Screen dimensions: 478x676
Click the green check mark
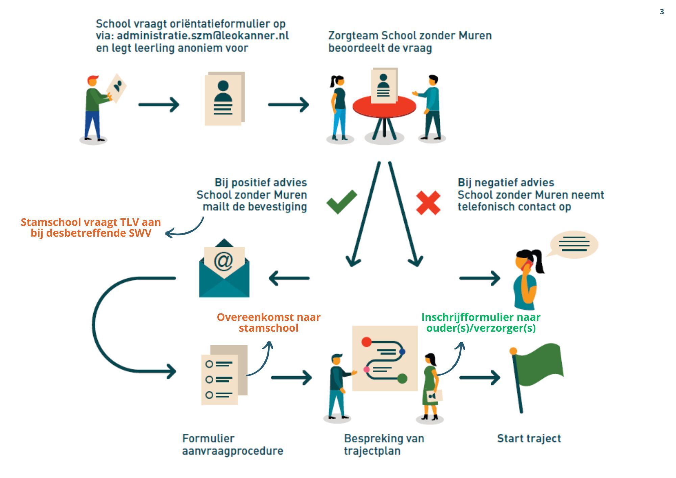click(341, 202)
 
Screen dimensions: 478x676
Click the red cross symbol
click(428, 202)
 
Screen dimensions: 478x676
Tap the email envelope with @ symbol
click(224, 269)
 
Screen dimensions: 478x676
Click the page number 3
click(662, 12)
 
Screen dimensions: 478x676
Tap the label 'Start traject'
click(529, 438)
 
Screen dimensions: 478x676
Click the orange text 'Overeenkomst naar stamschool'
click(268, 322)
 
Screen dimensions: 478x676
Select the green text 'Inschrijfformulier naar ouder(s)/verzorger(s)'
click(481, 322)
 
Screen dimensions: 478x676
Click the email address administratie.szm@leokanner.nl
click(203, 35)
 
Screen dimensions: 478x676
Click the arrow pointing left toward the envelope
click(289, 278)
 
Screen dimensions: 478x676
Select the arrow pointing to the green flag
click(480, 378)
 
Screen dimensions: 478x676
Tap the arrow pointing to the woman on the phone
click(480, 278)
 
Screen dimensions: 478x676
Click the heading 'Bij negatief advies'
click(506, 183)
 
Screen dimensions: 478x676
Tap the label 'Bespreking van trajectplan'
click(384, 445)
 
